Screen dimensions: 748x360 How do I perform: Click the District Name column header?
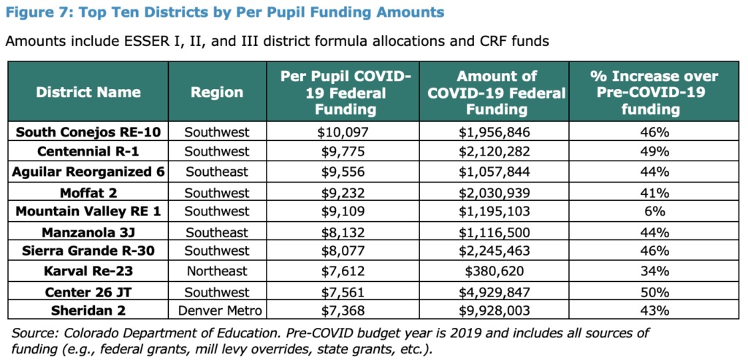pyautogui.click(x=88, y=92)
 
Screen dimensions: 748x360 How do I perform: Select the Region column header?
pyautogui.click(x=217, y=92)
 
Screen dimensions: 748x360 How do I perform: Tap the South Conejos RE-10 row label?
pyautogui.click(x=88, y=132)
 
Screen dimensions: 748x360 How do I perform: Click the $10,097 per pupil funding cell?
pyautogui.click(x=343, y=132)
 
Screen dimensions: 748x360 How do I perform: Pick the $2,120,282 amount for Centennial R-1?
pyautogui.click(x=495, y=152)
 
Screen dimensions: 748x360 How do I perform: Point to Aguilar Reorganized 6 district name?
pyautogui.click(x=88, y=172)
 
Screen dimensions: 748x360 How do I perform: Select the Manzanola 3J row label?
pyautogui.click(x=88, y=232)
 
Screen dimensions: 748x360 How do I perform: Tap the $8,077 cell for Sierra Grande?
pyautogui.click(x=343, y=250)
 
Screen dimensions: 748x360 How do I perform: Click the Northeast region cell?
pyautogui.click(x=217, y=272)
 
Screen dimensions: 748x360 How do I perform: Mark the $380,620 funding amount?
pyautogui.click(x=495, y=272)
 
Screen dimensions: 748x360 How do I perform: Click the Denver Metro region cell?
pyautogui.click(x=220, y=311)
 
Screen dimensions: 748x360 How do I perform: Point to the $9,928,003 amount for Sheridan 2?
pyautogui.click(x=495, y=311)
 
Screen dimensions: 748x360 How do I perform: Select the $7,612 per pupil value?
pyautogui.click(x=343, y=272)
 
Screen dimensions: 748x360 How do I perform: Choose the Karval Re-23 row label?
pyautogui.click(x=88, y=272)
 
